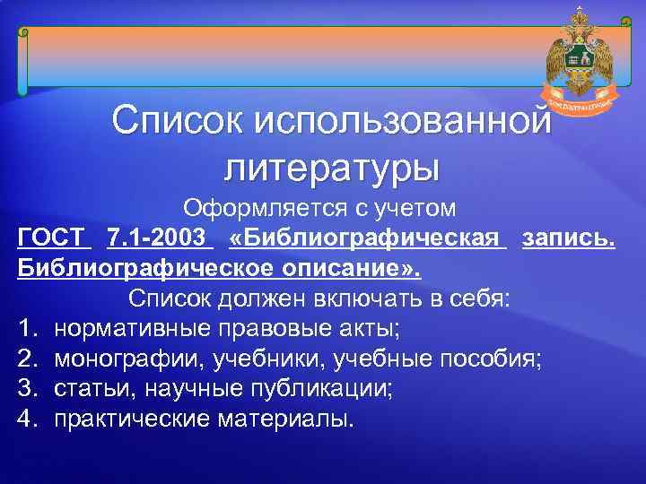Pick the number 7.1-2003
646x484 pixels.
[x=159, y=238]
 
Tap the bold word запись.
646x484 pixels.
[x=569, y=238]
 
